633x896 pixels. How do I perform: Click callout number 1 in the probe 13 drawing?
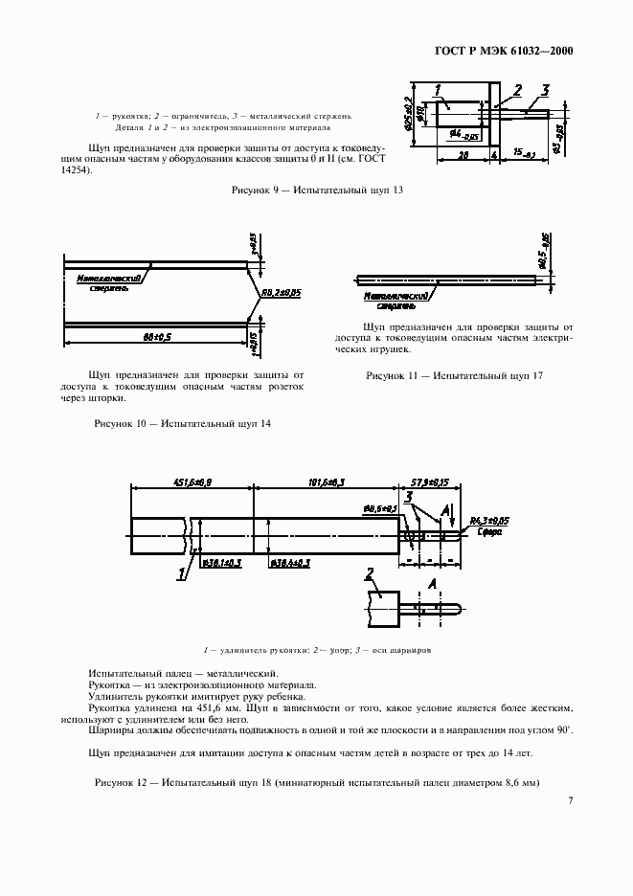(438, 92)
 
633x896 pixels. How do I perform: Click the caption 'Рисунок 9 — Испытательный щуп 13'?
(317, 190)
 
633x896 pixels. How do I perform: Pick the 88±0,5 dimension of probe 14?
(156, 337)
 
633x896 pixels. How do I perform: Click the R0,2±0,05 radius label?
(281, 292)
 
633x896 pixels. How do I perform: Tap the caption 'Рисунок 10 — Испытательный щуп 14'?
(181, 423)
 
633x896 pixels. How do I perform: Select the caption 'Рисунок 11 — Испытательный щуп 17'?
(454, 376)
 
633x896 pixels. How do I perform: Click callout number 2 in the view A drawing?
(370, 574)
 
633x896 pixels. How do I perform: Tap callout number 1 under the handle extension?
(179, 573)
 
